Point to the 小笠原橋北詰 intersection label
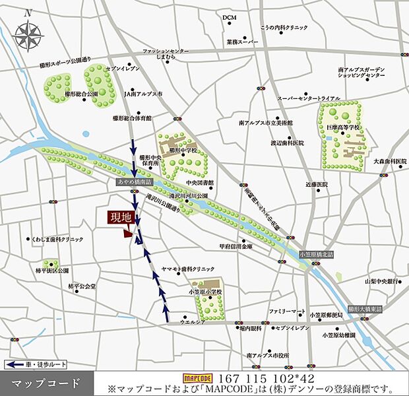point(317,254)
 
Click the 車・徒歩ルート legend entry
point(33,364)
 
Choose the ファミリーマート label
point(287,310)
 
